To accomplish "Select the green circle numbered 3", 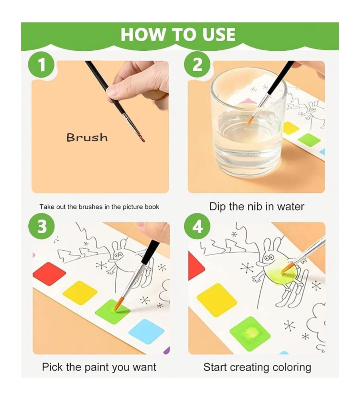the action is click(x=41, y=226).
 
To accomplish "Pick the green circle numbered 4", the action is click(x=197, y=226).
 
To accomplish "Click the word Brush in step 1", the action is click(x=87, y=138).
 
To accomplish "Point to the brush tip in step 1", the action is click(x=144, y=141).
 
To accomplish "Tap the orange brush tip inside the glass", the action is click(x=250, y=120).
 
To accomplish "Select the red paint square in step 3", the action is click(x=49, y=274).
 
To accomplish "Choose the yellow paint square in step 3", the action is click(x=80, y=293).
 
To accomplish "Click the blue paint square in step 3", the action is click(x=146, y=331).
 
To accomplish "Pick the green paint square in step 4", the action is click(x=250, y=334).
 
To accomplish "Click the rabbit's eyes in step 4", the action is click(x=269, y=258).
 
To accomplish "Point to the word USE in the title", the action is click(x=218, y=34).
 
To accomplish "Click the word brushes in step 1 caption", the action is click(x=91, y=207).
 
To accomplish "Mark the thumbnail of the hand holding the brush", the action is click(x=100, y=127).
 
